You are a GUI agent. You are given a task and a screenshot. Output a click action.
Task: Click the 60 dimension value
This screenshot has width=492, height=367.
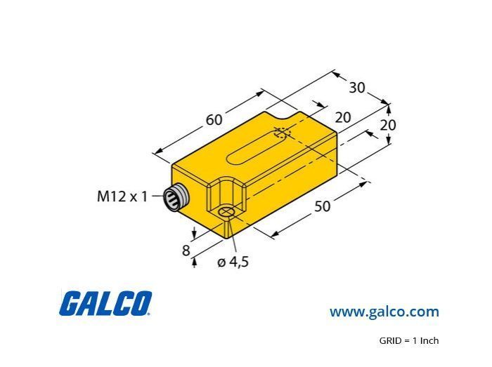click(x=214, y=119)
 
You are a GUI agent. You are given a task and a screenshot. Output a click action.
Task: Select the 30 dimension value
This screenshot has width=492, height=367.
click(x=357, y=88)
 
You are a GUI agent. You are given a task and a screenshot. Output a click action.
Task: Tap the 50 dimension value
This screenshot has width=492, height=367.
click(x=322, y=206)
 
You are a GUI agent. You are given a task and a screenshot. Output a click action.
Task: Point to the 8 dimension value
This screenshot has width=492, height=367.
click(x=186, y=251)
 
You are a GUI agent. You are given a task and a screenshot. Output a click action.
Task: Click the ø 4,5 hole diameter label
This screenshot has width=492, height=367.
click(x=233, y=262)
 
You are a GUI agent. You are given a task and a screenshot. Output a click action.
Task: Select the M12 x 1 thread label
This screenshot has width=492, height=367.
click(x=122, y=196)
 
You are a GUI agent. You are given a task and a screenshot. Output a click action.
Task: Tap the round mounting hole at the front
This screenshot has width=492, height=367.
click(x=226, y=212)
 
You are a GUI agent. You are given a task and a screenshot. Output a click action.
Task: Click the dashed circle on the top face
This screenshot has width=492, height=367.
click(x=283, y=133)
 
